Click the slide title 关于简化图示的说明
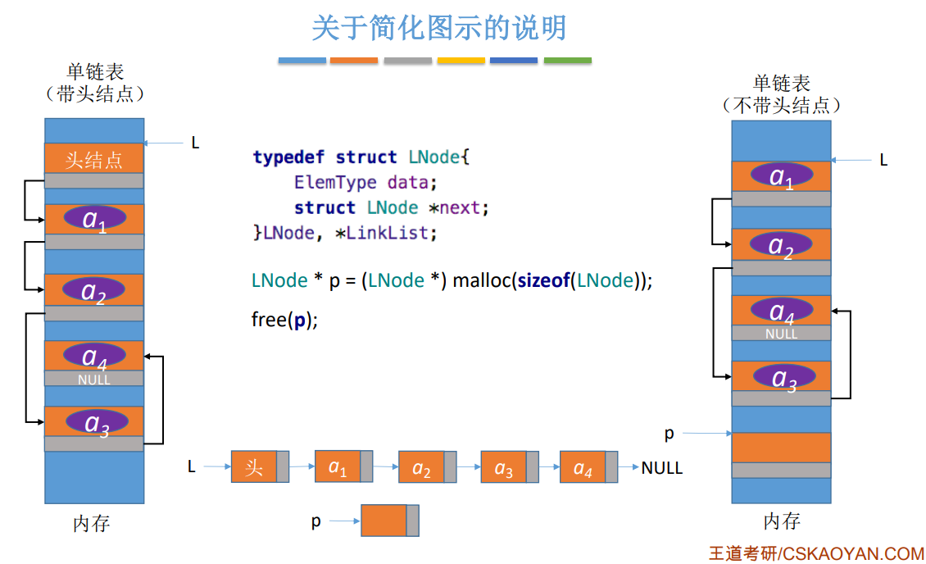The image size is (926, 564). [438, 28]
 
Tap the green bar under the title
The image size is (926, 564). [567, 61]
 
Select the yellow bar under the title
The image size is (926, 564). [461, 61]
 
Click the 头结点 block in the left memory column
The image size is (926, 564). [94, 159]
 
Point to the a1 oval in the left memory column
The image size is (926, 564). [95, 218]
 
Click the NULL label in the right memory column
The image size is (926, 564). [781, 334]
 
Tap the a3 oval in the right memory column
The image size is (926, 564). [783, 377]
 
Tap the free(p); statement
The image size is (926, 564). [284, 320]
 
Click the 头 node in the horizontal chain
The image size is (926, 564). [254, 467]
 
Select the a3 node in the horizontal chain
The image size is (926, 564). [503, 467]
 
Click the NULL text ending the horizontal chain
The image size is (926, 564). [662, 468]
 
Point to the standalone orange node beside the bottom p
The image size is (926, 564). [384, 521]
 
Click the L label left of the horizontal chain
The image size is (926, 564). [192, 467]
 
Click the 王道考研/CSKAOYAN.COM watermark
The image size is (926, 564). [816, 553]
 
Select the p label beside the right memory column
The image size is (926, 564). [670, 433]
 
